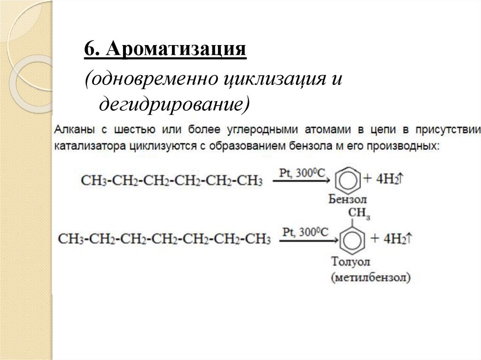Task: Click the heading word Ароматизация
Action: click(176, 49)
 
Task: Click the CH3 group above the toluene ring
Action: click(359, 214)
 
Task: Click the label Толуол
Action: click(351, 261)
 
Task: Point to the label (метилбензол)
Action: click(370, 277)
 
